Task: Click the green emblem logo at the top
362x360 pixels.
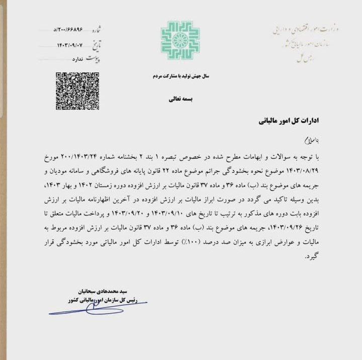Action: (180, 40)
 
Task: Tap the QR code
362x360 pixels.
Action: (77, 91)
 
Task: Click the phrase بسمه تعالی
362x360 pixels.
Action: (180, 99)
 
